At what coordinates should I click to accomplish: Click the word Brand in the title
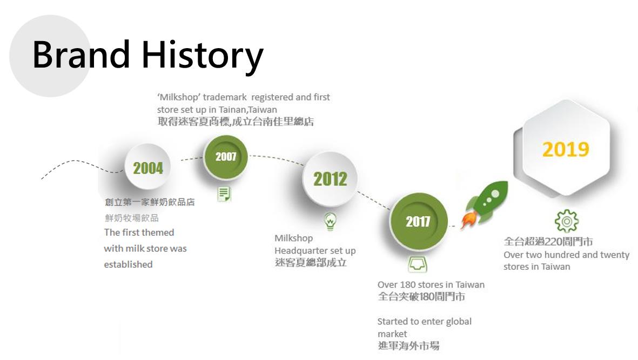pyautogui.click(x=81, y=54)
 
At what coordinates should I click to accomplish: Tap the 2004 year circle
pyautogui.click(x=147, y=167)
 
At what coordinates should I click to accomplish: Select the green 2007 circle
pyautogui.click(x=225, y=157)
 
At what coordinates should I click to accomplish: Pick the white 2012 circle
pyautogui.click(x=330, y=179)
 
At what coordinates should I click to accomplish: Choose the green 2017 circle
pyautogui.click(x=418, y=221)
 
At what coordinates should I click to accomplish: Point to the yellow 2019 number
pyautogui.click(x=566, y=149)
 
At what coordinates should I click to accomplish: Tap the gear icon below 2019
pyautogui.click(x=566, y=221)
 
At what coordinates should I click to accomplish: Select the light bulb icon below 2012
pyautogui.click(x=330, y=221)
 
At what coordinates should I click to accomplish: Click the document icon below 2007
pyautogui.click(x=224, y=194)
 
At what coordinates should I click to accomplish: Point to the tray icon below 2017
pyautogui.click(x=418, y=264)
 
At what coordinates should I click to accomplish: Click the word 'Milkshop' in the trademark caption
pyautogui.click(x=179, y=97)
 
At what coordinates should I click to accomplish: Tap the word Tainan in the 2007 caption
pyautogui.click(x=232, y=110)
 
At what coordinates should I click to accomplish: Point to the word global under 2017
pyautogui.click(x=459, y=322)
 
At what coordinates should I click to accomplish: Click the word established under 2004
pyautogui.click(x=128, y=265)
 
